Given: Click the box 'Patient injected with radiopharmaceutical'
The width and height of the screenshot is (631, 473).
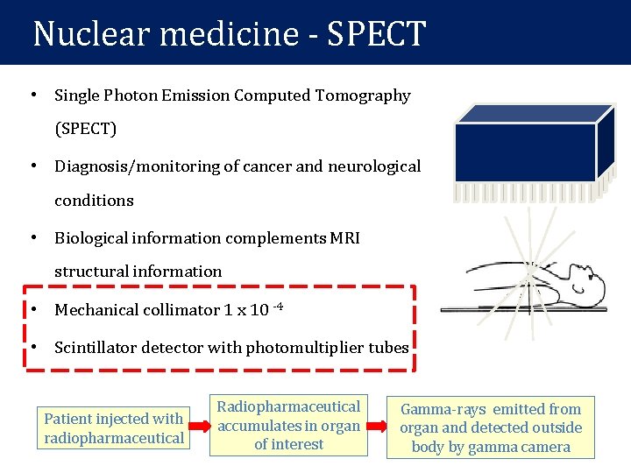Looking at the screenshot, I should [114, 428].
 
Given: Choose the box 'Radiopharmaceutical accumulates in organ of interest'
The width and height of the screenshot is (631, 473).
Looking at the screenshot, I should [288, 426].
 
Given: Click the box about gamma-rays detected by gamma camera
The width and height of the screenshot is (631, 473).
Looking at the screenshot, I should [491, 427].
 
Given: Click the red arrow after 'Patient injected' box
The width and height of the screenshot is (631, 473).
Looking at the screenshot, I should [201, 427].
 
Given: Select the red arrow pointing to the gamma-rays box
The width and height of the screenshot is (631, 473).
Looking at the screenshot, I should [375, 427].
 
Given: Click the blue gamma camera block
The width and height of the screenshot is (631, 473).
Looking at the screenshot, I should [526, 152].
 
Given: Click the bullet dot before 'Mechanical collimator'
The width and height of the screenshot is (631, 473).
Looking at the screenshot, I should [32, 310].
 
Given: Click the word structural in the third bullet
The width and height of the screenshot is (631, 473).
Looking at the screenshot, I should [91, 272].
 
